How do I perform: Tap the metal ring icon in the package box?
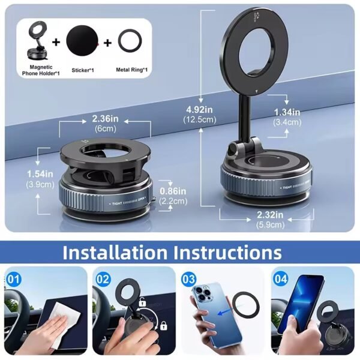(x=131, y=43)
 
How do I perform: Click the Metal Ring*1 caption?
(x=131, y=70)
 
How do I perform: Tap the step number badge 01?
(x=15, y=278)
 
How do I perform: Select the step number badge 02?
(x=103, y=278)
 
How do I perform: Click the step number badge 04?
(x=280, y=278)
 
